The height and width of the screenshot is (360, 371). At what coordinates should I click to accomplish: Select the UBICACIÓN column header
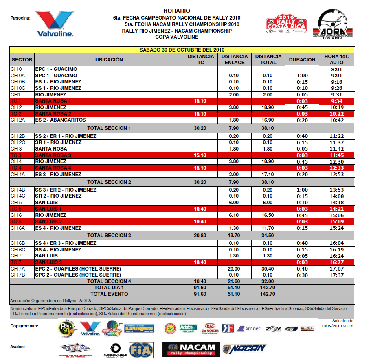pos(109,59)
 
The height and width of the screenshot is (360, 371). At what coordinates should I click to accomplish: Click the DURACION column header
pos(302,59)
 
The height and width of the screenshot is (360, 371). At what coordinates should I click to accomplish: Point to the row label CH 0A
pos(18,76)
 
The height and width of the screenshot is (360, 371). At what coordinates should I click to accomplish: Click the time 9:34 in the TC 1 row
pos(337,101)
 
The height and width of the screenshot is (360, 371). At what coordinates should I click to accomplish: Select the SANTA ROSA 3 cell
pos(53,155)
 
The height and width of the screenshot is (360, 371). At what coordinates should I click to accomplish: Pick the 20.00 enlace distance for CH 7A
pos(234,269)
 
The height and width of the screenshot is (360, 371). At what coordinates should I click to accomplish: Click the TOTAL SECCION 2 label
pos(109,182)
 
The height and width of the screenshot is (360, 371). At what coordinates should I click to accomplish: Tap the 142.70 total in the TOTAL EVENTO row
pos(268,294)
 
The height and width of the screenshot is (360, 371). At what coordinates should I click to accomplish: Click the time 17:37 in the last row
pos(337,275)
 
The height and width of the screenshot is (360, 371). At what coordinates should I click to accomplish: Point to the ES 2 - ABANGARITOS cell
pos(60,120)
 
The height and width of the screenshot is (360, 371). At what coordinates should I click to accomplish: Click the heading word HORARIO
pos(176,11)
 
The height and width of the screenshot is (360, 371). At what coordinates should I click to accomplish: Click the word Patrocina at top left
pos(20,18)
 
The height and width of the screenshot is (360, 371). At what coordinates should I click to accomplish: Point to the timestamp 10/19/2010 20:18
pos(337,326)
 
